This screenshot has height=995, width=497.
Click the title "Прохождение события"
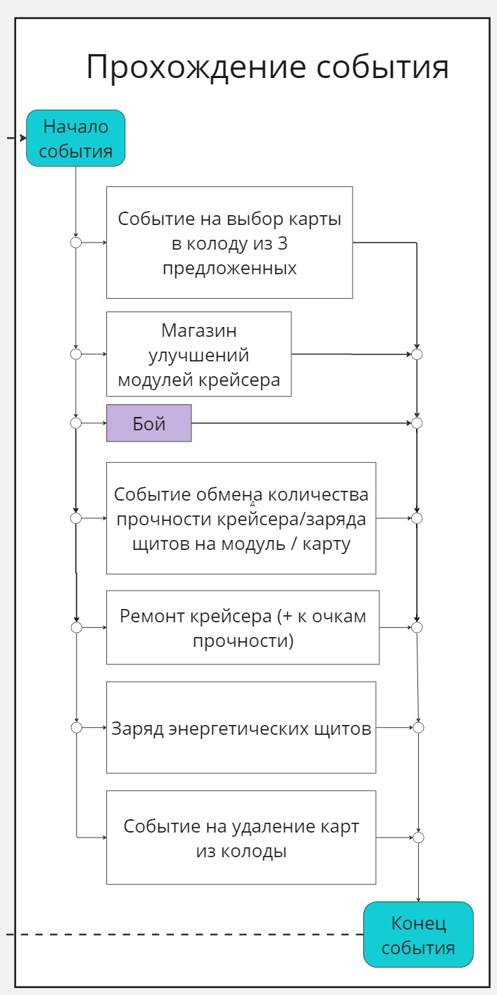coord(268,68)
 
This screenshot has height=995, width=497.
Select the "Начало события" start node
coord(75,139)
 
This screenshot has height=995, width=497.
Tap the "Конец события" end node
coord(418,935)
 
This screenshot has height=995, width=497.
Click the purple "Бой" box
coord(149,423)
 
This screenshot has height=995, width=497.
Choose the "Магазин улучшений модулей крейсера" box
coord(199,354)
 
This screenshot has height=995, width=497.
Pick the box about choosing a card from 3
coord(229,243)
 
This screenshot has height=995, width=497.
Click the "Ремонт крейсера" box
coord(243,627)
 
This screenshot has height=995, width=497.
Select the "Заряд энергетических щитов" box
coord(241,728)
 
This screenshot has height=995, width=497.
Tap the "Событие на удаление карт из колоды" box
coord(241,837)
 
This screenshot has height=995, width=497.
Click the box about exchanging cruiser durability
coord(241,518)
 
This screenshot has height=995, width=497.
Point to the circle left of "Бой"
coord(76,423)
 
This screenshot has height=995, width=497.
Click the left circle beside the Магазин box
coord(76,354)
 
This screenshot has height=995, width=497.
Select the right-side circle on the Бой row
coord(417,423)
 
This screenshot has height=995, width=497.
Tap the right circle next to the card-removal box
coord(419,837)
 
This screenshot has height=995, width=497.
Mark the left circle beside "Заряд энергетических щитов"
coord(76,728)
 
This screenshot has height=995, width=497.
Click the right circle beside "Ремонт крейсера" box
coord(417,627)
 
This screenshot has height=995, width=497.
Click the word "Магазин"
coord(199,330)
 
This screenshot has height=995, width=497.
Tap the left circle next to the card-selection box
coord(76,243)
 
